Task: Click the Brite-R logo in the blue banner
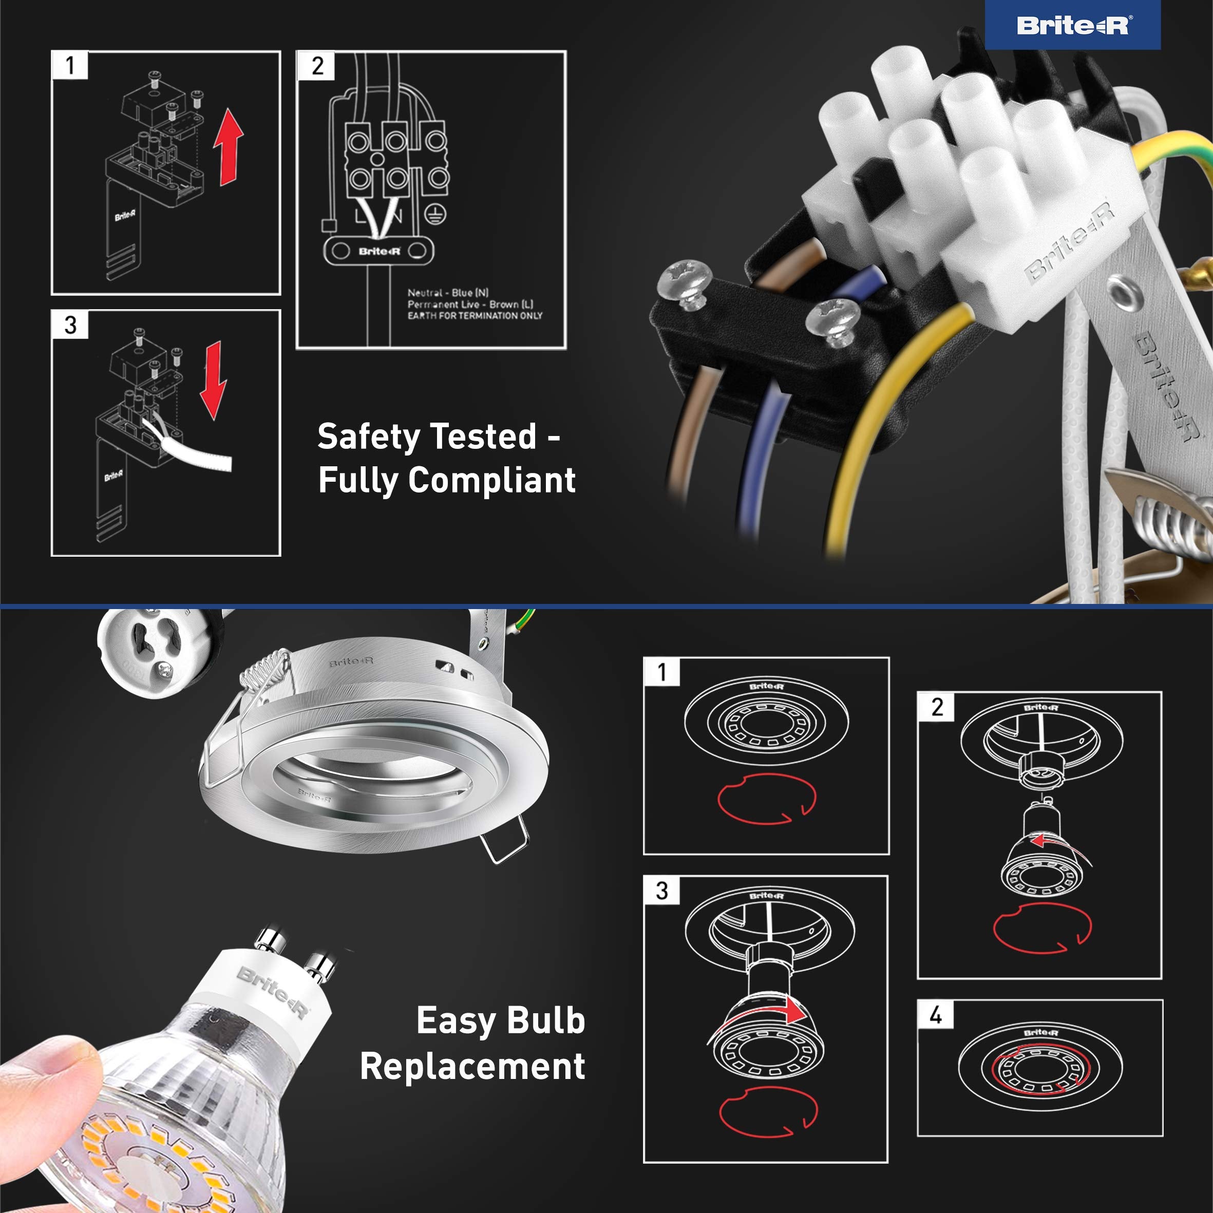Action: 1072,25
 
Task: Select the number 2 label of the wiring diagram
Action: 317,66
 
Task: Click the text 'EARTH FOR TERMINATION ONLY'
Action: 475,316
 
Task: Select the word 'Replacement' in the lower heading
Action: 472,1066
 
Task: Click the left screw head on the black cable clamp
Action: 685,280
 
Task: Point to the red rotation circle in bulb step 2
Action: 1042,928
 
